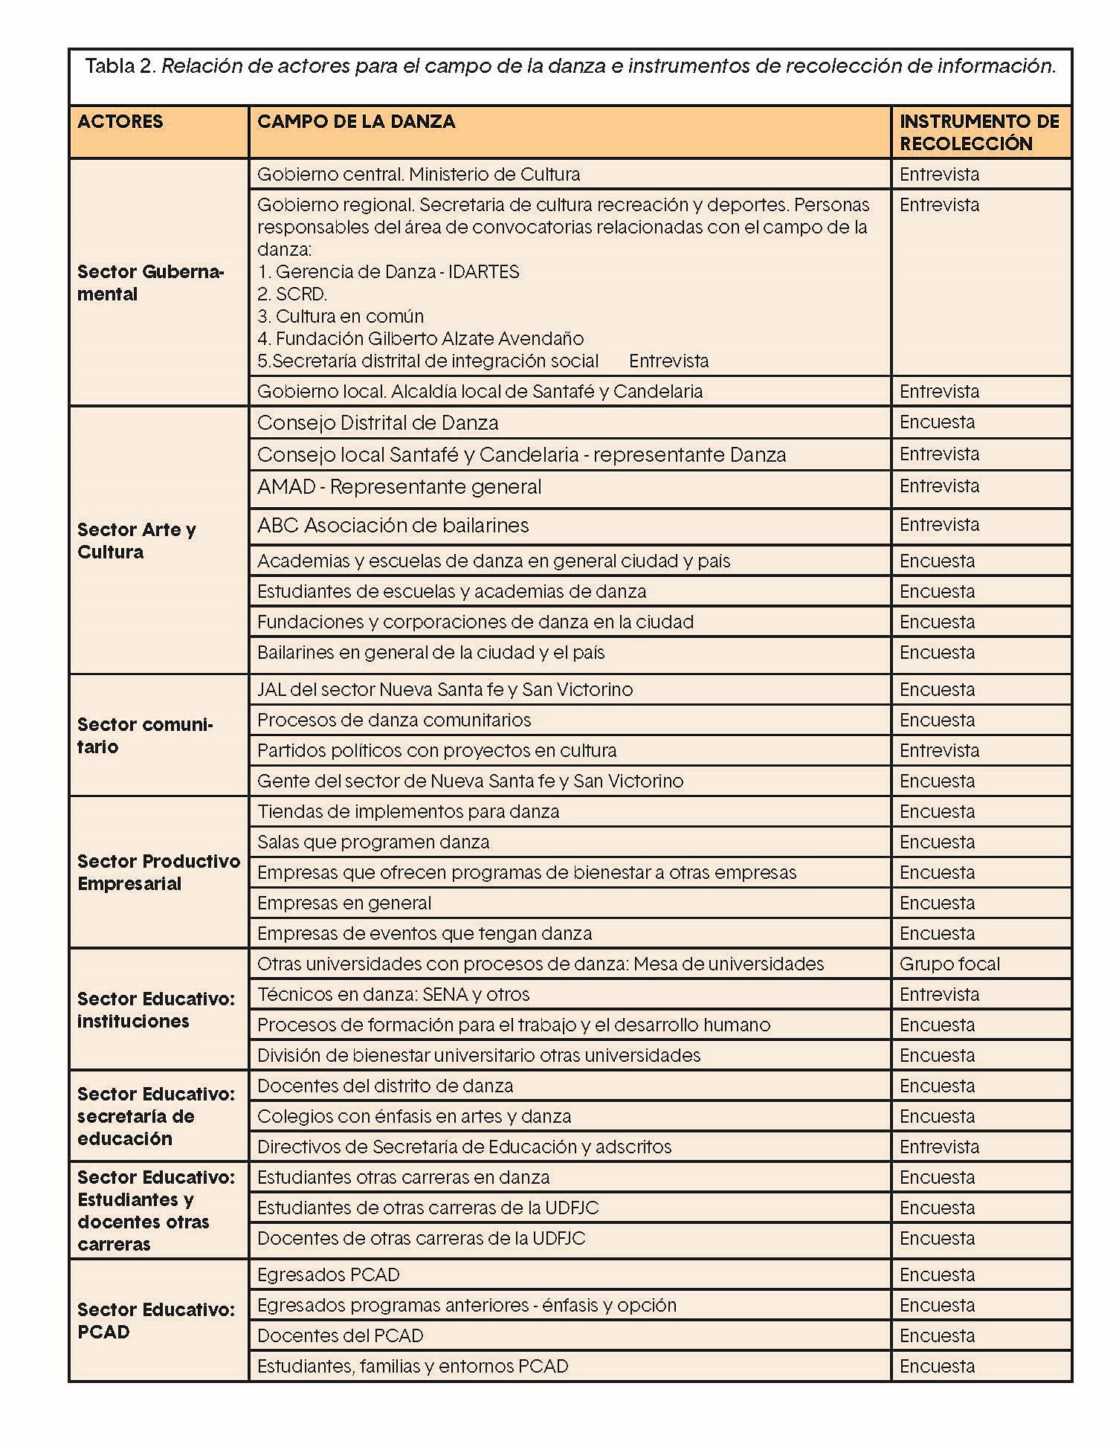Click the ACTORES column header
[120, 122]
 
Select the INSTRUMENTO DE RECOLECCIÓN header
[978, 132]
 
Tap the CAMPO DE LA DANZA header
[355, 122]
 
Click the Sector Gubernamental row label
[150, 283]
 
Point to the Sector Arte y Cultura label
[136, 541]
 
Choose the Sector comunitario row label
[145, 735]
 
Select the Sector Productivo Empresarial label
[158, 872]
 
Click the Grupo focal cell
[949, 964]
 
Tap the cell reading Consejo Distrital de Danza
[377, 422]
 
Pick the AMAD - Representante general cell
[399, 487]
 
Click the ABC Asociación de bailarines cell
[393, 526]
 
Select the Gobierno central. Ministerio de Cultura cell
[418, 174]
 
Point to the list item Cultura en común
[349, 316]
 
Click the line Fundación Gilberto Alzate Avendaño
[429, 338]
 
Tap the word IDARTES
[483, 271]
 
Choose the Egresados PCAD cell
[328, 1274]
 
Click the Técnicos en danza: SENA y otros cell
[393, 994]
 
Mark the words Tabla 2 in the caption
[120, 66]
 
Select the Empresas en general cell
[344, 903]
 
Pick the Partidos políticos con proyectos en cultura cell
[436, 750]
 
